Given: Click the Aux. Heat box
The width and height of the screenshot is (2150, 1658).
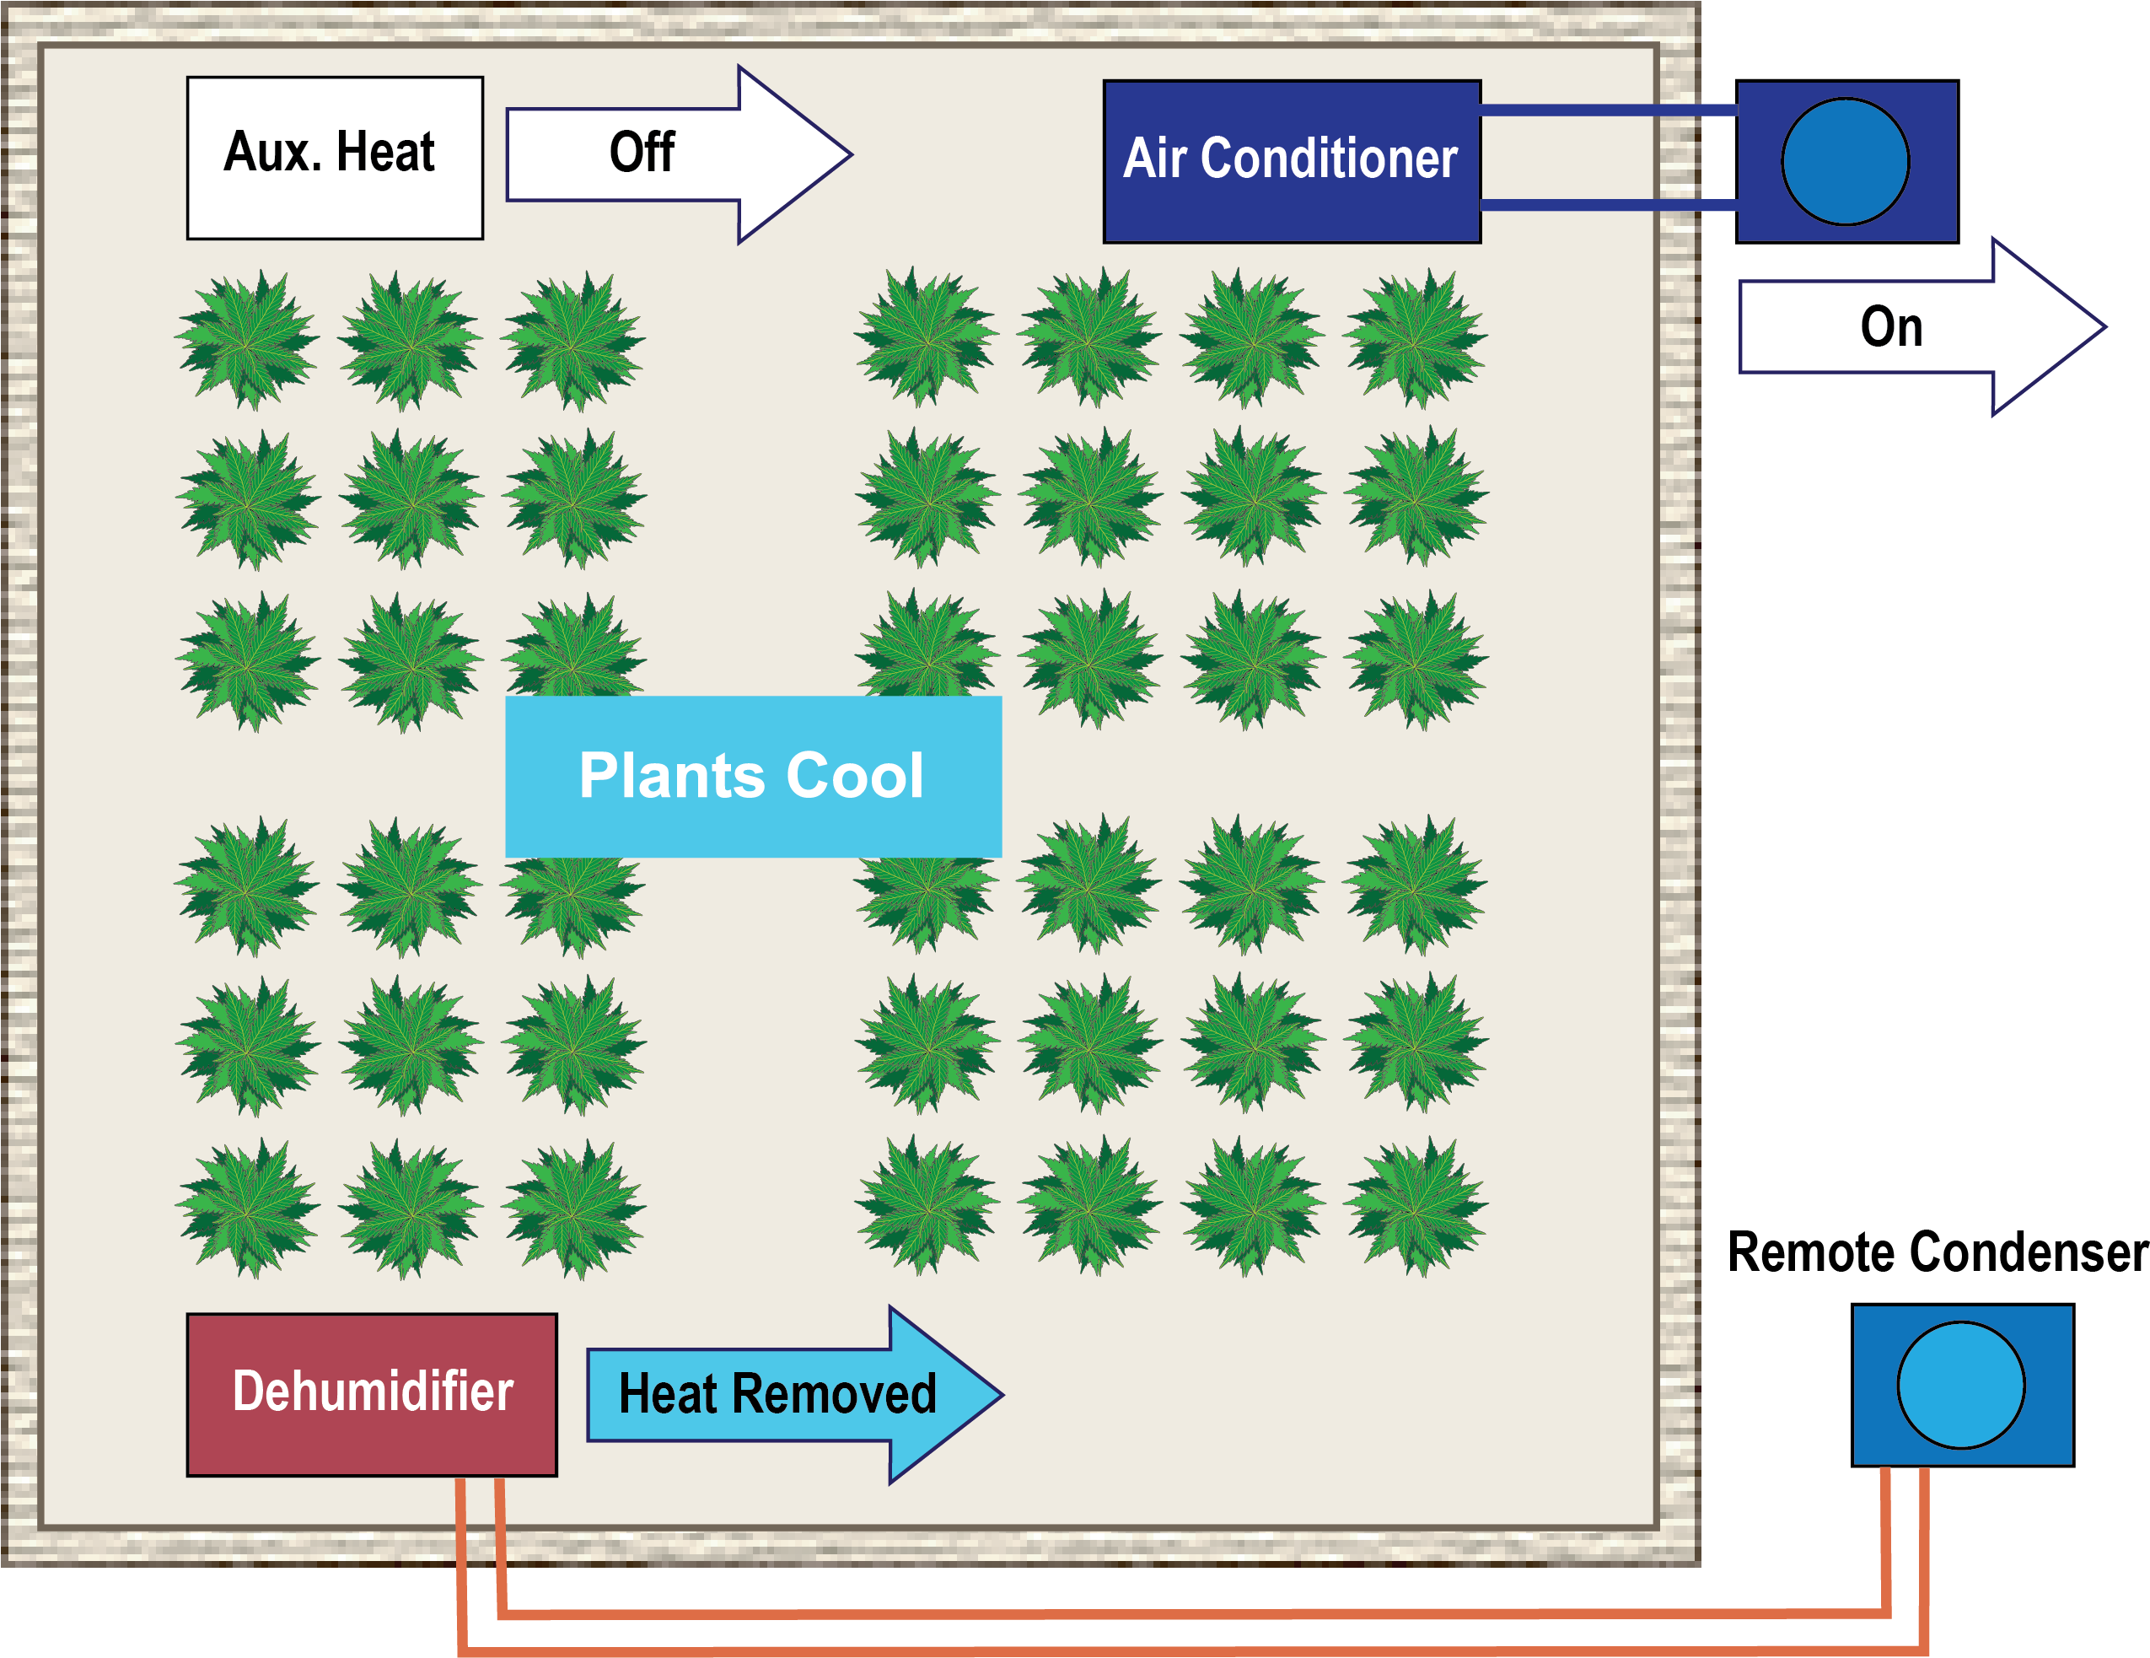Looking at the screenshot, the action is [x=335, y=158].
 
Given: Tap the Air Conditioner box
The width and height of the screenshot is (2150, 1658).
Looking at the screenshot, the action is [x=1292, y=161].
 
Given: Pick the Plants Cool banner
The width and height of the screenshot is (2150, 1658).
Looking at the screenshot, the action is [x=753, y=777].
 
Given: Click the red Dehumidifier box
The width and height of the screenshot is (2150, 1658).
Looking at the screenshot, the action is [x=372, y=1394].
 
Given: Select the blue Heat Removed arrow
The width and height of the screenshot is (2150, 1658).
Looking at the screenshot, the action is [x=794, y=1394].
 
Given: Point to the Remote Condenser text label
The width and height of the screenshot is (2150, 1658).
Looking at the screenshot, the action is [x=1938, y=1253].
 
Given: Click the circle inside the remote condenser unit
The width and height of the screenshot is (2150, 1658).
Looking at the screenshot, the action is [x=1961, y=1386].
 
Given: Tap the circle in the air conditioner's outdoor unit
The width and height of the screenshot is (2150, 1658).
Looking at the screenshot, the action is [x=1846, y=161].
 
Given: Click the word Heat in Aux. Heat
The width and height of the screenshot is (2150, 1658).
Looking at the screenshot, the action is [x=385, y=153].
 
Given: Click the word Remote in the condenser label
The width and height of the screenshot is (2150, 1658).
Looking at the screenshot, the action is [x=1815, y=1253].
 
